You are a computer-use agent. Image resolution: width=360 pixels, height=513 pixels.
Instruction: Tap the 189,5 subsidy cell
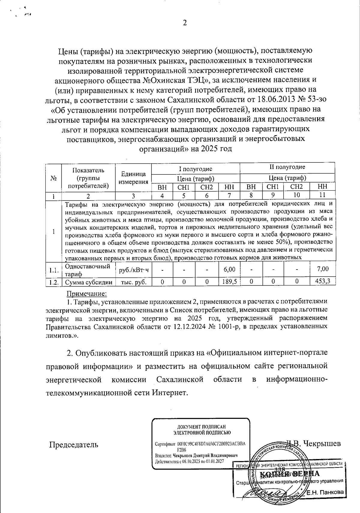click(229, 282)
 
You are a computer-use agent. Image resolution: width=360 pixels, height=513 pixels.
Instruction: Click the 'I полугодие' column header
click(196, 169)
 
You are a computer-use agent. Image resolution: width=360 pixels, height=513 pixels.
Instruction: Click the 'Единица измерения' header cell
click(133, 178)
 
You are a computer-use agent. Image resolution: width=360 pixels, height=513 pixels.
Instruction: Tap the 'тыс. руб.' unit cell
click(133, 282)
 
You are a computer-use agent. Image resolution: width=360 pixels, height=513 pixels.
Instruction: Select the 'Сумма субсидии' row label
click(89, 282)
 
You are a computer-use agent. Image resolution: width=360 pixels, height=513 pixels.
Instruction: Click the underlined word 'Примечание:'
click(86, 293)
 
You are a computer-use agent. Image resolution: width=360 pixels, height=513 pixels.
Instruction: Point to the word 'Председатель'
click(73, 444)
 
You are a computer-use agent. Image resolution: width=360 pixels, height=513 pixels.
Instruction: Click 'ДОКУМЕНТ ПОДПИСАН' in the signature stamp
click(201, 427)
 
